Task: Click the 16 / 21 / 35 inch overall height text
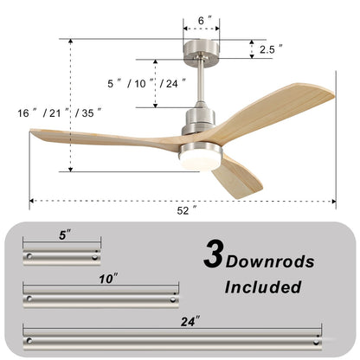coord(60,112)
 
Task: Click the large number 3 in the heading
coord(212,254)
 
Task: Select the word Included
coord(263,286)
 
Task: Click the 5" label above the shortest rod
coord(61,234)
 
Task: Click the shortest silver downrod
coord(61,257)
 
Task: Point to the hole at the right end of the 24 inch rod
coord(319,338)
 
